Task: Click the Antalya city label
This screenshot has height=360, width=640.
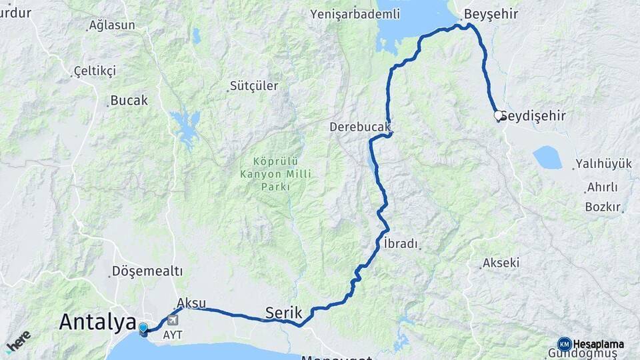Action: click(97, 321)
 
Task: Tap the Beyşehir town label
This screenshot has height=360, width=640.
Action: click(490, 14)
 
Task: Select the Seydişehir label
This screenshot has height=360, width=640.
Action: click(533, 116)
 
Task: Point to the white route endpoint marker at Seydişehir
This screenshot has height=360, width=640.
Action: click(497, 115)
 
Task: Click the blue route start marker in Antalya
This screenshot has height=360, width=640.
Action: click(143, 328)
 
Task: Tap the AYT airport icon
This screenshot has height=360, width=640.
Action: click(173, 321)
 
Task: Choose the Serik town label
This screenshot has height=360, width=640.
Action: click(284, 312)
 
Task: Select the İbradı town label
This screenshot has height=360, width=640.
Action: click(401, 244)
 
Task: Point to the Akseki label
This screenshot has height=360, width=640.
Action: click(501, 263)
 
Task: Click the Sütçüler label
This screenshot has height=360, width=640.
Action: click(253, 86)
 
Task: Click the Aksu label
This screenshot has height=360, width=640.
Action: click(192, 302)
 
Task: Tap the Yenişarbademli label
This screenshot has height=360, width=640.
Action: click(356, 14)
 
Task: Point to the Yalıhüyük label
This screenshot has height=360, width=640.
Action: click(603, 164)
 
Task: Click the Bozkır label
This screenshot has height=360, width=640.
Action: click(603, 206)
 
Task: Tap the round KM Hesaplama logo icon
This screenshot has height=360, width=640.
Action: click(564, 344)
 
